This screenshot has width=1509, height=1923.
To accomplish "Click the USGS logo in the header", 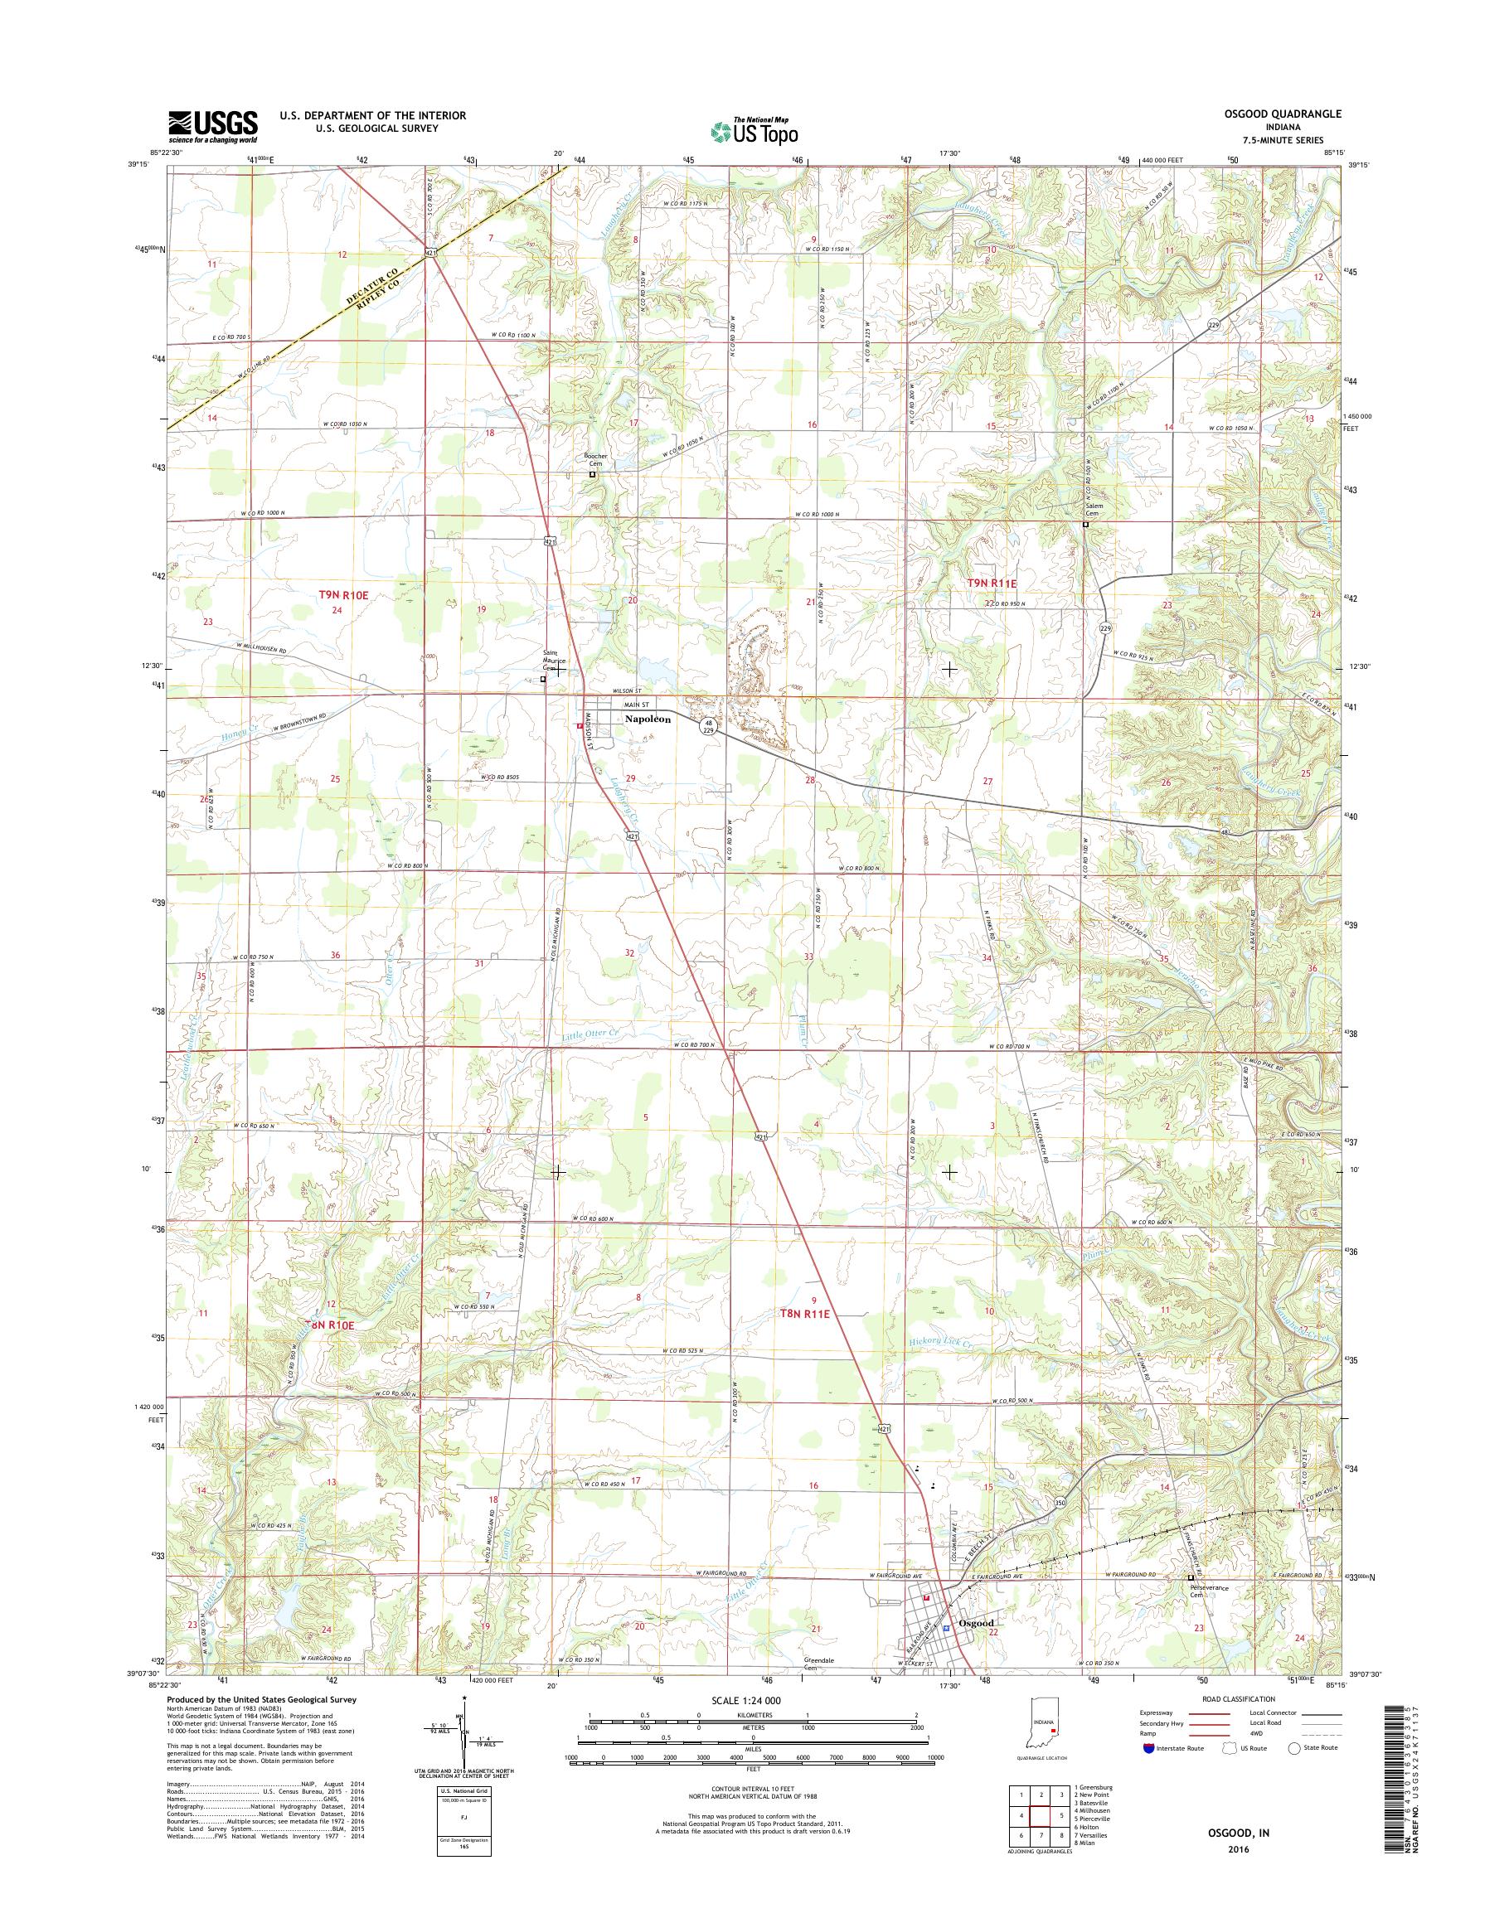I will click(213, 126).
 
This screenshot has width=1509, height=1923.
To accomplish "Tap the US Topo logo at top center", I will click(754, 131).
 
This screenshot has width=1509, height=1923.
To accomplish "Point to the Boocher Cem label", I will click(597, 460).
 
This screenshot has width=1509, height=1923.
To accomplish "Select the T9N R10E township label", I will click(342, 596).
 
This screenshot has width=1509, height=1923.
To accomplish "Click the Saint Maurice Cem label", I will click(555, 661).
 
